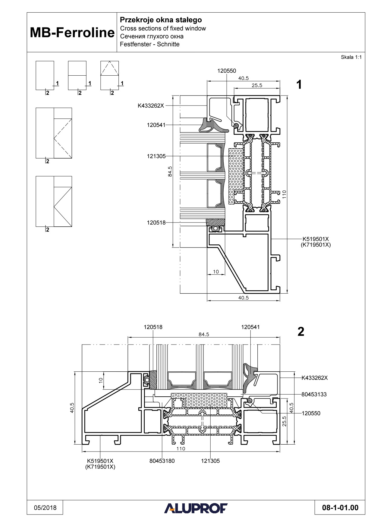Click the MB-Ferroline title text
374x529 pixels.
coord(72,33)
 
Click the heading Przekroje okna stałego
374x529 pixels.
coord(161,20)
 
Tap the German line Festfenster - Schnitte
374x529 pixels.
coord(149,44)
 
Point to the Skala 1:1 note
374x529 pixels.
coord(351,57)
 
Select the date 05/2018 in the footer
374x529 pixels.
coord(45,508)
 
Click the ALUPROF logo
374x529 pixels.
coord(196,508)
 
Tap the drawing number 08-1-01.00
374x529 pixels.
coord(340,508)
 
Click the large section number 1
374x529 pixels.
coord(299,85)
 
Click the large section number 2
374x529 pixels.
coord(300,332)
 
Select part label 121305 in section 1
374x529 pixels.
coord(156,156)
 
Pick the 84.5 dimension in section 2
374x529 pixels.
coord(204,334)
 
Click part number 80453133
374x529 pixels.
coord(314,394)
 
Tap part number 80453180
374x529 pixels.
coord(162,461)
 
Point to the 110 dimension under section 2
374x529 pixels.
coord(181,449)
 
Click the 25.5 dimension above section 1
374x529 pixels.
coord(257,85)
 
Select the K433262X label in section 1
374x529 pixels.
coord(151,106)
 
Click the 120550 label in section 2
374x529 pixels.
coord(311,413)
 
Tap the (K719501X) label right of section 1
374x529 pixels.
coord(316,245)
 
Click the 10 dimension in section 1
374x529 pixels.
coord(216,272)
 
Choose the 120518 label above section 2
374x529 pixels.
coord(153,327)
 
